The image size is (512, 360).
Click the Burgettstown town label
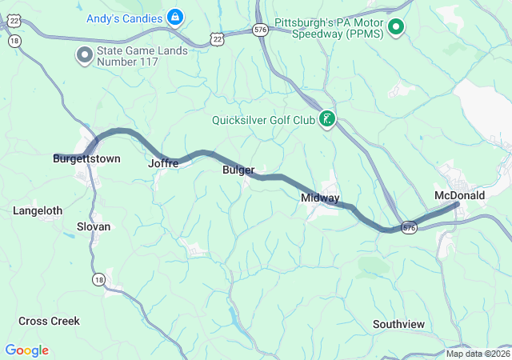(86, 159)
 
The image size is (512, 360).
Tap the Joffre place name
(162, 163)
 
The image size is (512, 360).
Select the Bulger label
(238, 170)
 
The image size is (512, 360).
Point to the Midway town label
(320, 198)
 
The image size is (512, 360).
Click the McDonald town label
(459, 195)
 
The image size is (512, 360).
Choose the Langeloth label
(38, 210)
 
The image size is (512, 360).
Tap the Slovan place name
(94, 226)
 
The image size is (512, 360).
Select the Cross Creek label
(49, 321)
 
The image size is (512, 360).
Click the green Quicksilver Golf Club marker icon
(327, 120)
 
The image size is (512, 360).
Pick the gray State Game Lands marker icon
(84, 55)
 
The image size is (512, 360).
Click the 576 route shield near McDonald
(409, 227)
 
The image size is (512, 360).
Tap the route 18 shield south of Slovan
(98, 279)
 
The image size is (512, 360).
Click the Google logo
(26, 350)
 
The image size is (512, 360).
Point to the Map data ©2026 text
(477, 354)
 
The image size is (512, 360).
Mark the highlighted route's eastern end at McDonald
(457, 205)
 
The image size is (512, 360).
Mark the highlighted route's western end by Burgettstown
(56, 156)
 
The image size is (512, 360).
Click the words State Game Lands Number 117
(142, 56)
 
